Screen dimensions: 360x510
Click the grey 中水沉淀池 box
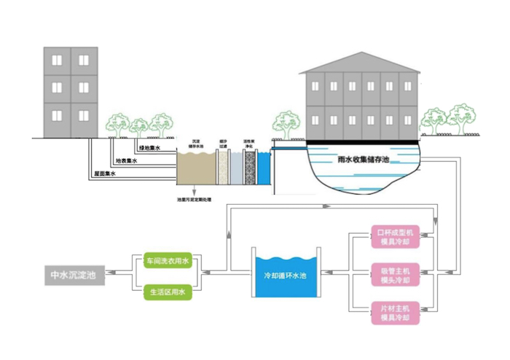tap(74, 276)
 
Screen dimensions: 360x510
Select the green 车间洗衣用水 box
tap(167, 260)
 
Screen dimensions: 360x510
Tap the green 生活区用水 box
tap(167, 291)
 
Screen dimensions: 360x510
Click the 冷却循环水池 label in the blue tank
tap(286, 277)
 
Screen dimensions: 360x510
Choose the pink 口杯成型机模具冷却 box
tap(394, 236)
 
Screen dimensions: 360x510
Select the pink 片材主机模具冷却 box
tap(394, 313)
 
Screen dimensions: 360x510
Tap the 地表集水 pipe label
tap(127, 161)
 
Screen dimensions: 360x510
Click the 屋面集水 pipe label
tap(106, 175)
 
